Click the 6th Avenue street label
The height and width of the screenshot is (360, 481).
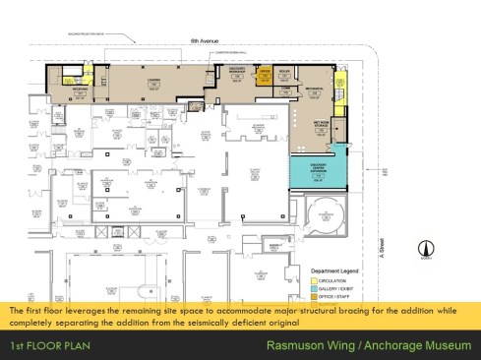click(203, 41)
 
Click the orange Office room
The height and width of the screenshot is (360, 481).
click(265, 75)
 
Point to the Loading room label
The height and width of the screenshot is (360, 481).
click(154, 83)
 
